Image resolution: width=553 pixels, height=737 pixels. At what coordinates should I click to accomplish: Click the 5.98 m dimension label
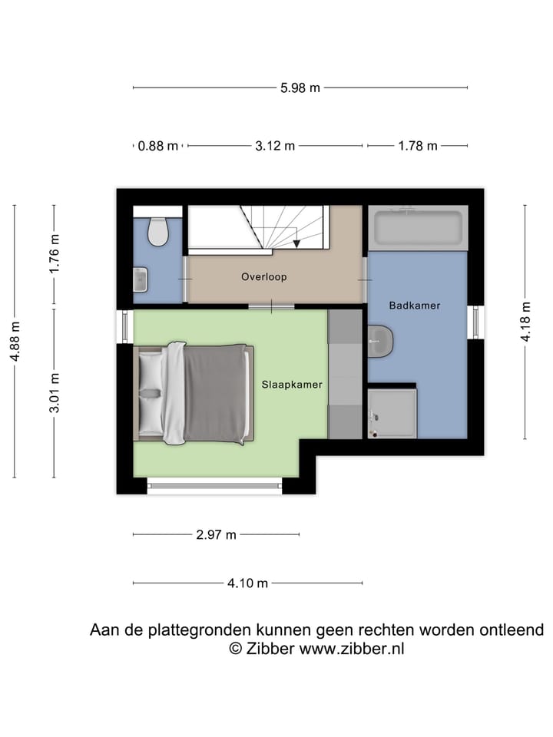click(300, 88)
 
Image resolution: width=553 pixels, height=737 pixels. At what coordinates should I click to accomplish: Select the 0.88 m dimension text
click(158, 146)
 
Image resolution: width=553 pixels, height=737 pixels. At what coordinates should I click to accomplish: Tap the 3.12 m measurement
click(275, 146)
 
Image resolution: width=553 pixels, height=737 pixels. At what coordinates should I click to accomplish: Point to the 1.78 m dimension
click(417, 146)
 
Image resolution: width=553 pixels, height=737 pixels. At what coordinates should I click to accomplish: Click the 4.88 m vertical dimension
click(15, 342)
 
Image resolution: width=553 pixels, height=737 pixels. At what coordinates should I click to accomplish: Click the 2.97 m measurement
click(217, 534)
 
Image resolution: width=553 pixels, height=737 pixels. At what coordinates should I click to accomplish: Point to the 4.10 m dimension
click(247, 583)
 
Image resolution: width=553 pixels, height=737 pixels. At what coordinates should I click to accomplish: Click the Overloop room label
click(263, 276)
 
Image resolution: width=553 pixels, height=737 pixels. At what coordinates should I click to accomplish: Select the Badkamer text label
click(415, 306)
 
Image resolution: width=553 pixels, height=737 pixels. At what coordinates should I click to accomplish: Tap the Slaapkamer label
click(291, 384)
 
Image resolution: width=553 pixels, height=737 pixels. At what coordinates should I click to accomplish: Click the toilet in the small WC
click(158, 230)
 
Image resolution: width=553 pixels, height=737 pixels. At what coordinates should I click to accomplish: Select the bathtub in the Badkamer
click(417, 227)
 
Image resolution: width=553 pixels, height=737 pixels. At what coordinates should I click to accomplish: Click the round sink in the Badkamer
click(379, 341)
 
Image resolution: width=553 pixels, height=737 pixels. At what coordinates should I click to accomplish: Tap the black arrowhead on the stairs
click(296, 243)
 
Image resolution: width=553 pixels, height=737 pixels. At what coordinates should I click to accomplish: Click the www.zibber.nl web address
click(351, 649)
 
